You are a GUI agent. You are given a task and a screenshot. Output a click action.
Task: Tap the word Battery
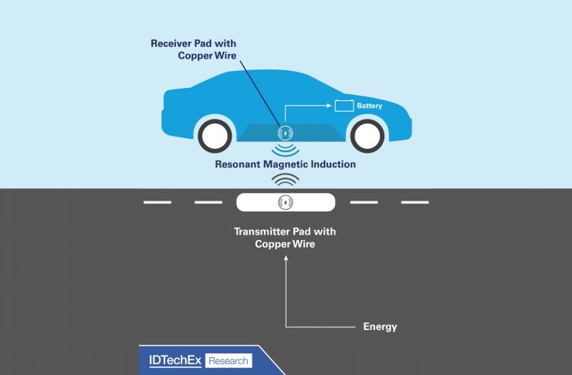click(x=369, y=105)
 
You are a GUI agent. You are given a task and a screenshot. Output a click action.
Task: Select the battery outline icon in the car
click(x=344, y=105)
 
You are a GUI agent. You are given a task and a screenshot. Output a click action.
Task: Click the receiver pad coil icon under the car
click(x=286, y=133)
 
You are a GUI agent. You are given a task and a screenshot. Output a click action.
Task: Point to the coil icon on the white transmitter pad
click(x=286, y=203)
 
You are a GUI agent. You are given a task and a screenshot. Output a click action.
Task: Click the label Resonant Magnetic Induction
click(x=286, y=164)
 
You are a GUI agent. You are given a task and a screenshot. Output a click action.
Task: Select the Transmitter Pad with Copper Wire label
click(x=286, y=238)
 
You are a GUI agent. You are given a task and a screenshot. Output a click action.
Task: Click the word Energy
click(x=380, y=326)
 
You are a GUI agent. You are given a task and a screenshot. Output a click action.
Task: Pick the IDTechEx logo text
click(x=174, y=360)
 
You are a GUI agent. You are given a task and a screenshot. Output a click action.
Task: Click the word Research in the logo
click(x=228, y=360)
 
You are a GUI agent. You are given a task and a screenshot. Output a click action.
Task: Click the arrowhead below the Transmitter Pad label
click(x=286, y=259)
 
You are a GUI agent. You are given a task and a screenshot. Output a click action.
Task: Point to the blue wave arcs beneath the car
click(x=286, y=150)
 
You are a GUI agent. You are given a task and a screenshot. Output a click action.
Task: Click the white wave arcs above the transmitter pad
click(x=286, y=181)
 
